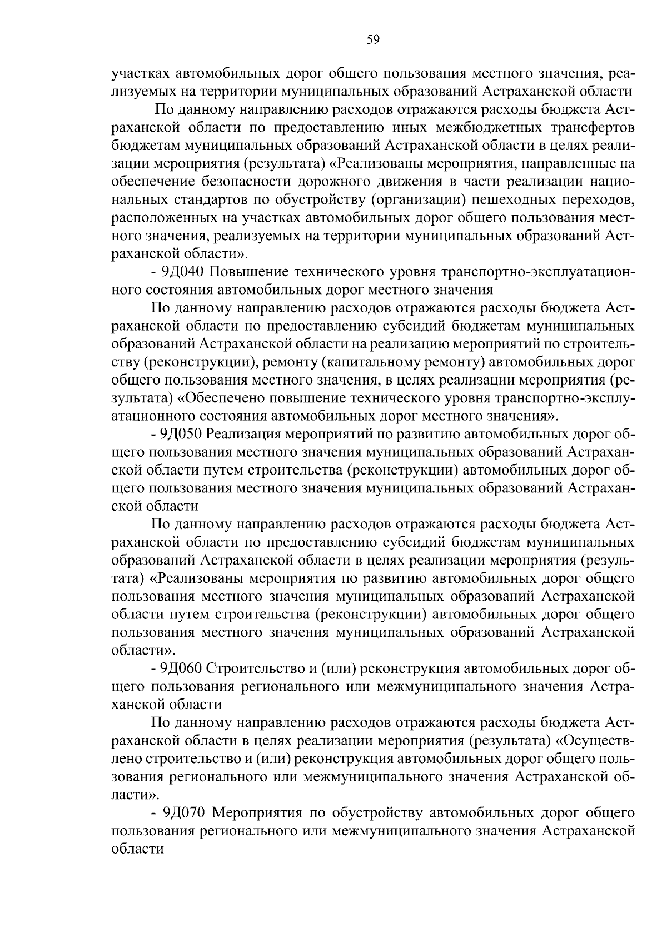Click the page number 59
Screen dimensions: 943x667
pyautogui.click(x=373, y=39)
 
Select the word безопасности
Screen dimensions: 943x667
pyautogui.click(x=242, y=182)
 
